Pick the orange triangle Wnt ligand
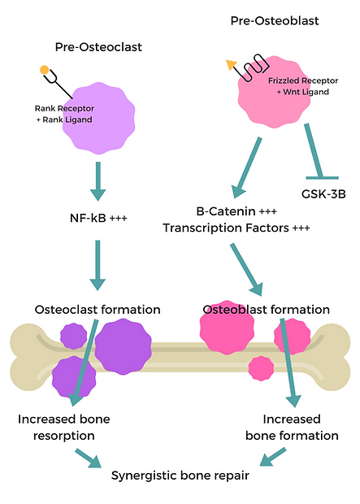pos(232,62)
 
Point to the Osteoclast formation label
pos(98,310)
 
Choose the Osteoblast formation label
pos(265,310)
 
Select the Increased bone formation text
pos(292,427)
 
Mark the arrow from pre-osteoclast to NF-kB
pos(98,180)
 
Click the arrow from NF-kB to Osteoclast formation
pos(98,265)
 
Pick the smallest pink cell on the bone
pos(261,368)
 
